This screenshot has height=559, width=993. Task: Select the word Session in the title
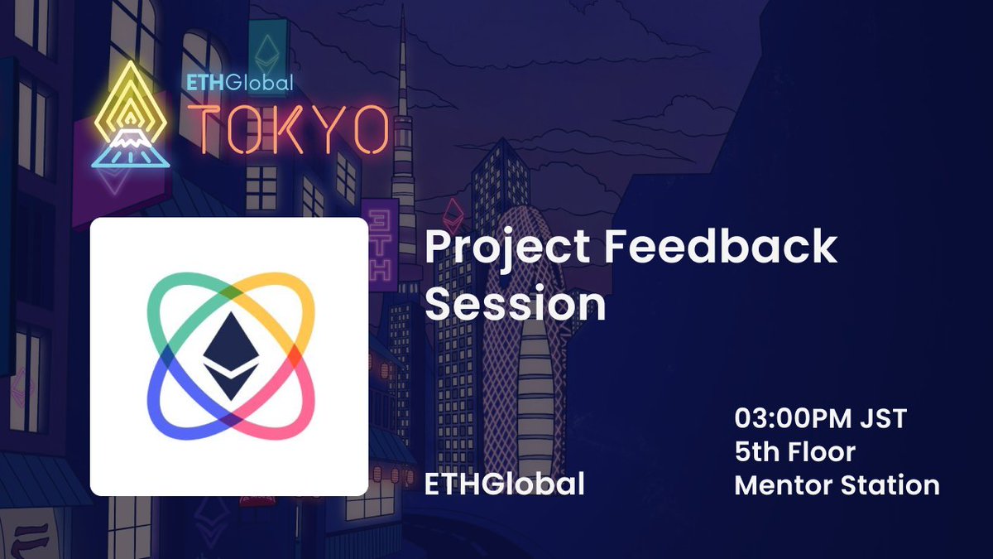coord(515,305)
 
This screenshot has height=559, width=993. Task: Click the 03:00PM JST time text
coord(820,418)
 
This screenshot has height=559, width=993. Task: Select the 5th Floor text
coord(794,451)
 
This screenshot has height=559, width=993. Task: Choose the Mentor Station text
coord(837,484)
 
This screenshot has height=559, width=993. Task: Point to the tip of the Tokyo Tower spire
coord(404,21)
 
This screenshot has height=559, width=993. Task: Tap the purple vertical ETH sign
coord(380,248)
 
